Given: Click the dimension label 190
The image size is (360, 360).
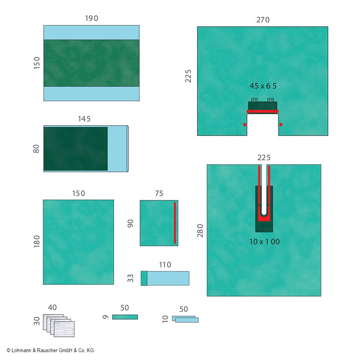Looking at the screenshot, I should [91, 18].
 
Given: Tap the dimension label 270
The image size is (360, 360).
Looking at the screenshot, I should [263, 20].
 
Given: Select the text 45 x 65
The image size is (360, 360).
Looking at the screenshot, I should [263, 86].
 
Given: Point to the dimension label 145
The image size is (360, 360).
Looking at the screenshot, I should [84, 119].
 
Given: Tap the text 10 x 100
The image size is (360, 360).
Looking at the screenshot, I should [264, 242].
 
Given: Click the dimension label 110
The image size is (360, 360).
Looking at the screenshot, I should [165, 265].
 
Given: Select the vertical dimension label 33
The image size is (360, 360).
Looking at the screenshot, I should [131, 278].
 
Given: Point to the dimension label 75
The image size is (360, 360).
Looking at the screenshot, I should [159, 193].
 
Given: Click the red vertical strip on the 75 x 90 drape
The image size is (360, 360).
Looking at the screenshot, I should [175, 223].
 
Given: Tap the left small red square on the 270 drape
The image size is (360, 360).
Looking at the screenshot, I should [244, 125].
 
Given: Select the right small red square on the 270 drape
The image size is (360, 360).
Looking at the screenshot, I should [281, 125].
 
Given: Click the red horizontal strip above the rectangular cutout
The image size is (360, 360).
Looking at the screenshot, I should [263, 111].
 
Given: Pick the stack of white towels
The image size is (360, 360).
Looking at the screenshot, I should [58, 325].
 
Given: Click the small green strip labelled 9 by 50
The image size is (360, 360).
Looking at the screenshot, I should [125, 317].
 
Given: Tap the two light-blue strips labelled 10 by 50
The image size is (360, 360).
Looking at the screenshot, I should [185, 319].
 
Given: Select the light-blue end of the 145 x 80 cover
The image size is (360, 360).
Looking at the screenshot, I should [118, 149].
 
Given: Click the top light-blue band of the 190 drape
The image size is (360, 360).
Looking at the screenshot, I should [91, 33].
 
